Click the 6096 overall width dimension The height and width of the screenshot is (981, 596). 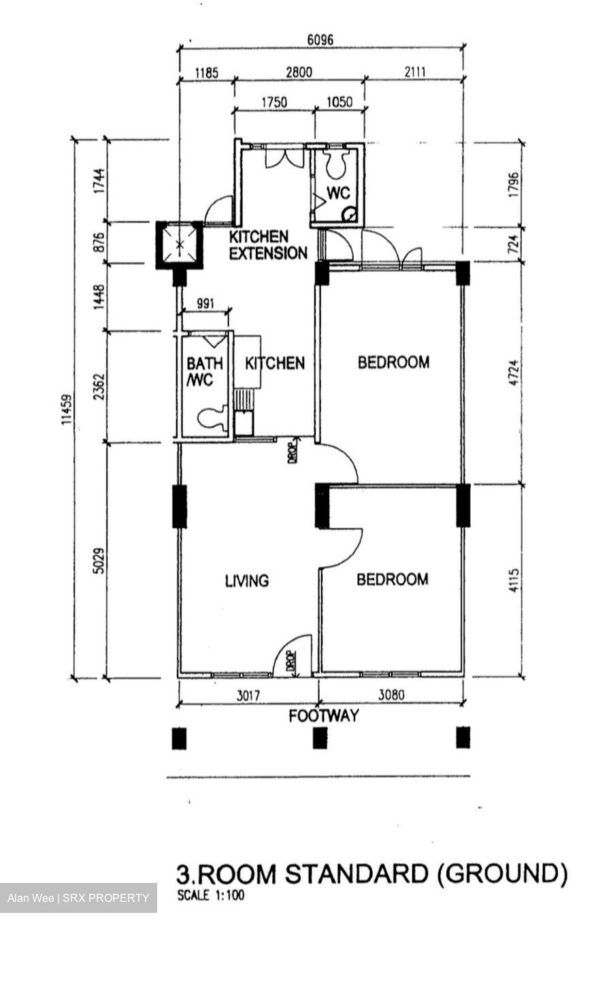click(x=320, y=40)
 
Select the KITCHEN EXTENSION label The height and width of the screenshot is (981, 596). click(x=267, y=245)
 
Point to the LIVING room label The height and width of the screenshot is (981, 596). click(x=246, y=580)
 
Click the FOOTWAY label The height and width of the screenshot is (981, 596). click(x=323, y=716)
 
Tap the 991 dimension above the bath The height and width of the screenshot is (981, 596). click(x=203, y=303)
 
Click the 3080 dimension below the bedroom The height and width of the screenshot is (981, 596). click(x=391, y=696)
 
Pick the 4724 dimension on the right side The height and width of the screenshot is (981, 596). click(x=513, y=373)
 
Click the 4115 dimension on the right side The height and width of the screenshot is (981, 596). click(x=513, y=581)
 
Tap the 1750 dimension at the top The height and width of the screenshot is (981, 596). click(x=274, y=102)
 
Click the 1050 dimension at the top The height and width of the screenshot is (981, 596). click(x=340, y=102)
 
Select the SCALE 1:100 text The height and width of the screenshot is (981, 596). click(x=210, y=896)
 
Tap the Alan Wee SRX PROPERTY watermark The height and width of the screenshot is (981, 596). click(x=78, y=898)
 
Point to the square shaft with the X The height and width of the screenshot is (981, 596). click(x=180, y=245)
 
